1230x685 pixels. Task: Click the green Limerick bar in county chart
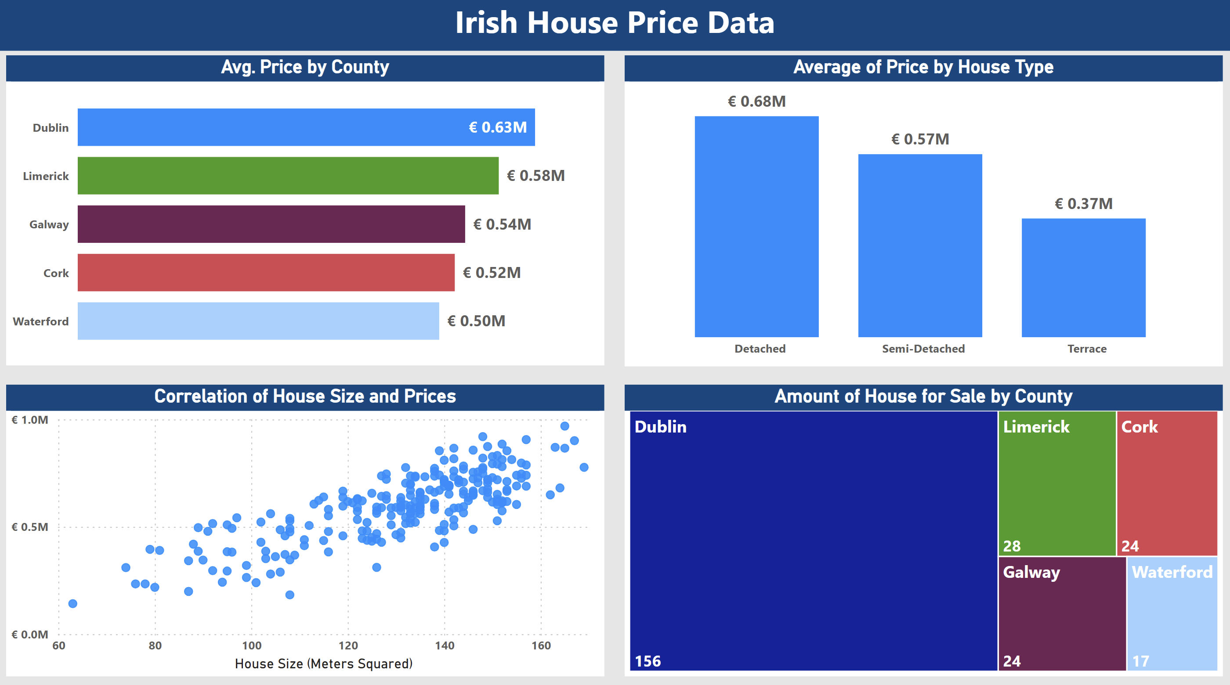click(x=288, y=176)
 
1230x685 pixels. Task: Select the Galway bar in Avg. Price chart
click(x=271, y=224)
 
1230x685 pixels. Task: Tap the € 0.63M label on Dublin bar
click(x=498, y=127)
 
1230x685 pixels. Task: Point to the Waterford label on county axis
click(x=40, y=321)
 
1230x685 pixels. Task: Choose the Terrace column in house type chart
click(x=1083, y=278)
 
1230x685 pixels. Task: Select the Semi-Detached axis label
click(x=923, y=349)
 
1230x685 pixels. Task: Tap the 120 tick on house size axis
click(x=348, y=646)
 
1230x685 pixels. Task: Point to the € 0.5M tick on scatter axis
click(x=29, y=527)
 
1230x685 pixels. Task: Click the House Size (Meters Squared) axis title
click(x=323, y=664)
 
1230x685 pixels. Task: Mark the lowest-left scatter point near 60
click(x=72, y=604)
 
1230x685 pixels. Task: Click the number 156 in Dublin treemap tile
click(x=648, y=661)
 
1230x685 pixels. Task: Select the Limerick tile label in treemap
click(x=1036, y=427)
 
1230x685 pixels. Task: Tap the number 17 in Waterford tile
click(x=1140, y=661)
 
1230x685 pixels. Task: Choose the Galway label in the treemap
click(x=1031, y=572)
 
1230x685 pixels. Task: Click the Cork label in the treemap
click(x=1139, y=427)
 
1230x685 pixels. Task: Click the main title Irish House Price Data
click(x=615, y=23)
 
